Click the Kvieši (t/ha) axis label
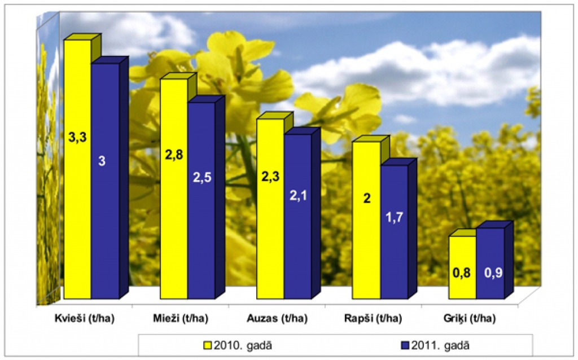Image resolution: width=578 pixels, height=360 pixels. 85,319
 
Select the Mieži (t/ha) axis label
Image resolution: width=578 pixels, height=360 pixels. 181,319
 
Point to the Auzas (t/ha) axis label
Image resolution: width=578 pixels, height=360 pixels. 277,319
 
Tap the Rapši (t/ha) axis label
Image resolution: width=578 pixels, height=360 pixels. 373,319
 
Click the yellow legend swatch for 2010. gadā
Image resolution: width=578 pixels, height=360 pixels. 208,344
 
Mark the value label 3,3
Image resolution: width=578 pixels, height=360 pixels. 77,137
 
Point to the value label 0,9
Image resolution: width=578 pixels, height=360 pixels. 490,273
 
